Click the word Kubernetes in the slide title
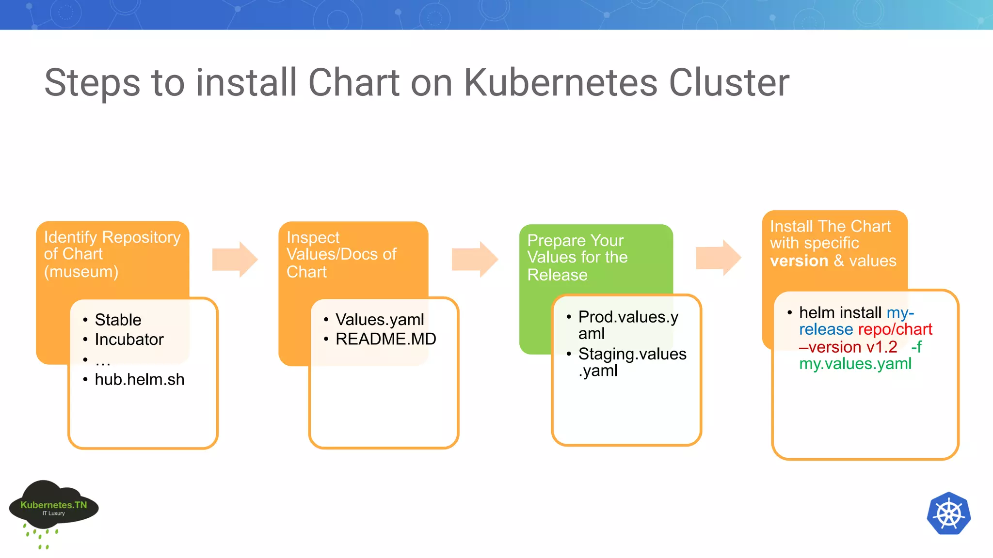[560, 82]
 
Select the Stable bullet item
[118, 320]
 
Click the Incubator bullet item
[129, 339]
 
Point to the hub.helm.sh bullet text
[139, 379]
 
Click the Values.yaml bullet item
[379, 319]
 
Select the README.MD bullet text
[385, 339]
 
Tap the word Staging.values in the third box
[632, 354]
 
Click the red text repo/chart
[895, 329]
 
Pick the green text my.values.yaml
[855, 363]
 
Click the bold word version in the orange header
[799, 261]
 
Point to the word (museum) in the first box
[81, 272]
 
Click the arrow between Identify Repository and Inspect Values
[235, 259]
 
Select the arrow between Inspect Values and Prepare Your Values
[475, 259]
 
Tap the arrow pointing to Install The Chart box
[718, 258]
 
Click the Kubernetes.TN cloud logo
[53, 508]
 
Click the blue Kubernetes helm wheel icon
[948, 513]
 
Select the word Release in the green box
[557, 275]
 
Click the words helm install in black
[840, 312]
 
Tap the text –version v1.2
[848, 347]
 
